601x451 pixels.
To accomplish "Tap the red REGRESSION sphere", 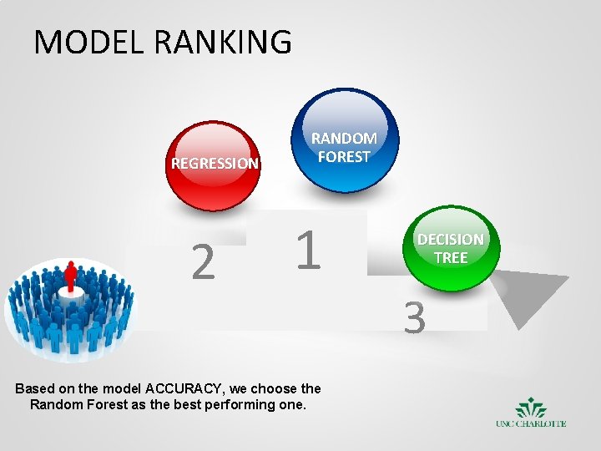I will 215,165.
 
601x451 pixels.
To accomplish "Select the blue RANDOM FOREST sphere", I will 344,140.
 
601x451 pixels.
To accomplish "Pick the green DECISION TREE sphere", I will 450,248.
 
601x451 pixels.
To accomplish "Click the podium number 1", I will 308,251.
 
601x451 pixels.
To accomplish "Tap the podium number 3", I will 415,318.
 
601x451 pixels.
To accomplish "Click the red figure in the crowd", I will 70,276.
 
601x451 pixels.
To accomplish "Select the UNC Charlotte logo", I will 531,413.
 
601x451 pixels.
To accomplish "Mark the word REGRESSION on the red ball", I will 215,164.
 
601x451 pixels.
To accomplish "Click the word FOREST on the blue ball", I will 344,156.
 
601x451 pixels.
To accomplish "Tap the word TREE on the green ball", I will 450,258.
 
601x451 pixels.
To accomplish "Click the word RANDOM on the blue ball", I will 344,138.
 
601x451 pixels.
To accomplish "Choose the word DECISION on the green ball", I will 450,240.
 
